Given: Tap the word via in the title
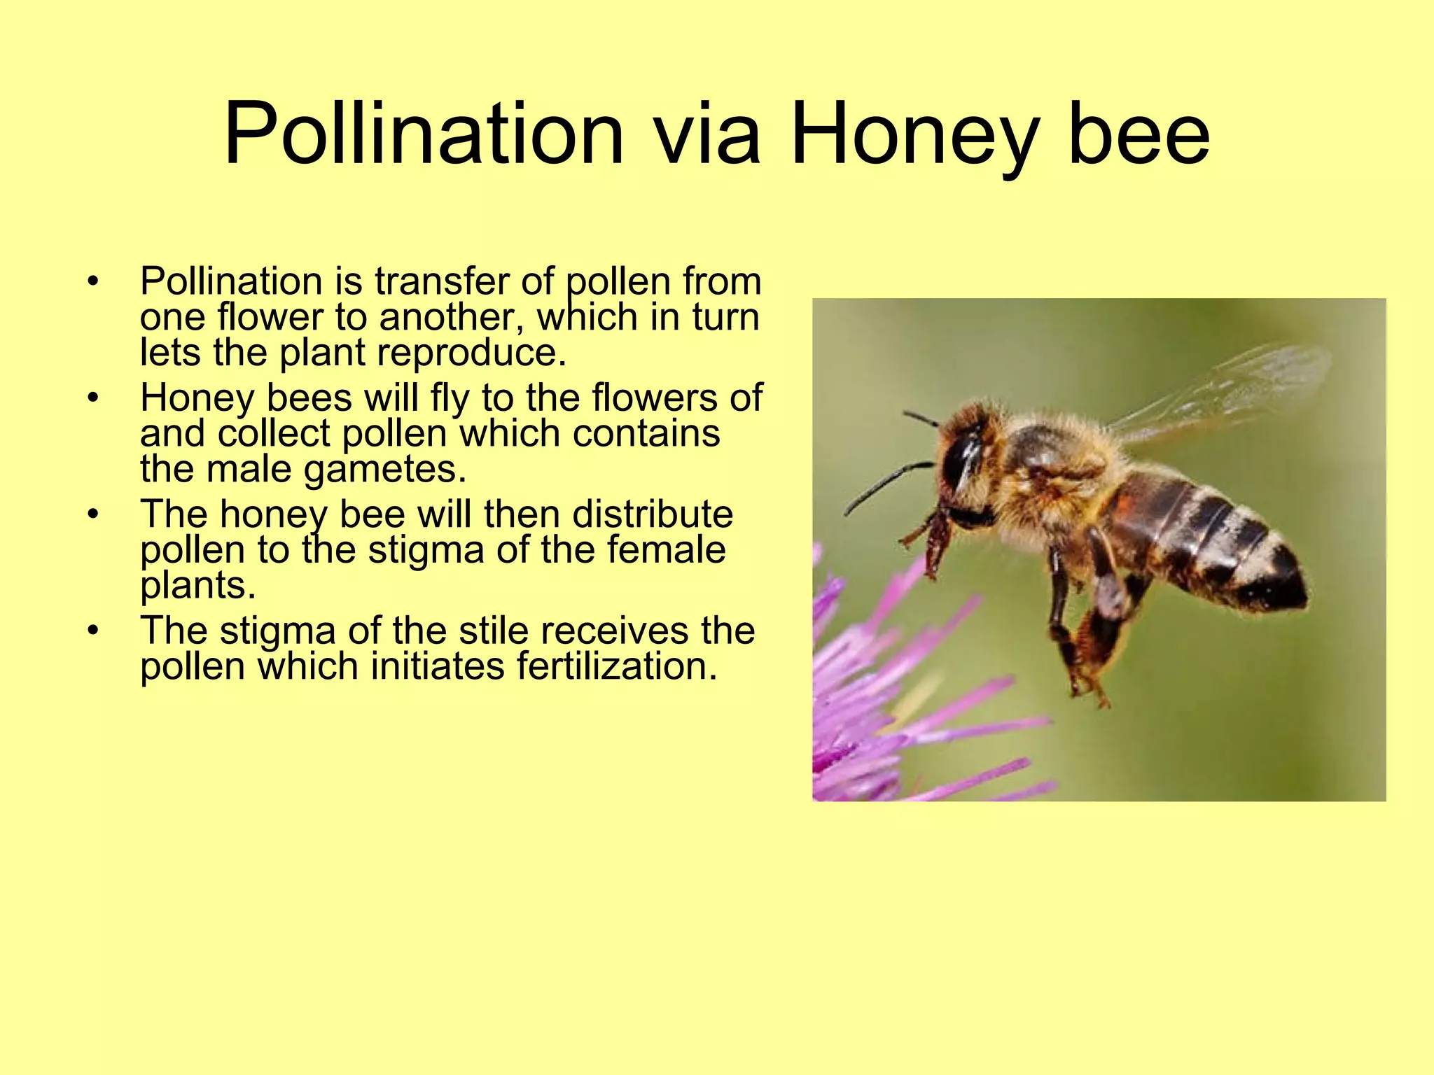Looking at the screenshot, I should click(706, 134).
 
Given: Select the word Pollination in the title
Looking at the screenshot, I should click(424, 134).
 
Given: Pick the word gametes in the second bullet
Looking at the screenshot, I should click(384, 470).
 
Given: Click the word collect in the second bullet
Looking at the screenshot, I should click(274, 433).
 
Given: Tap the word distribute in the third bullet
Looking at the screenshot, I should click(653, 514).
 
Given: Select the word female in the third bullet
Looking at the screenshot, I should click(666, 549).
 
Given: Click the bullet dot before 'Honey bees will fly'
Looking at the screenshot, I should click(93, 398).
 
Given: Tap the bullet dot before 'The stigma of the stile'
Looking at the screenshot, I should click(93, 631).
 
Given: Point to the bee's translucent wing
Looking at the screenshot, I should click(1232, 392).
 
